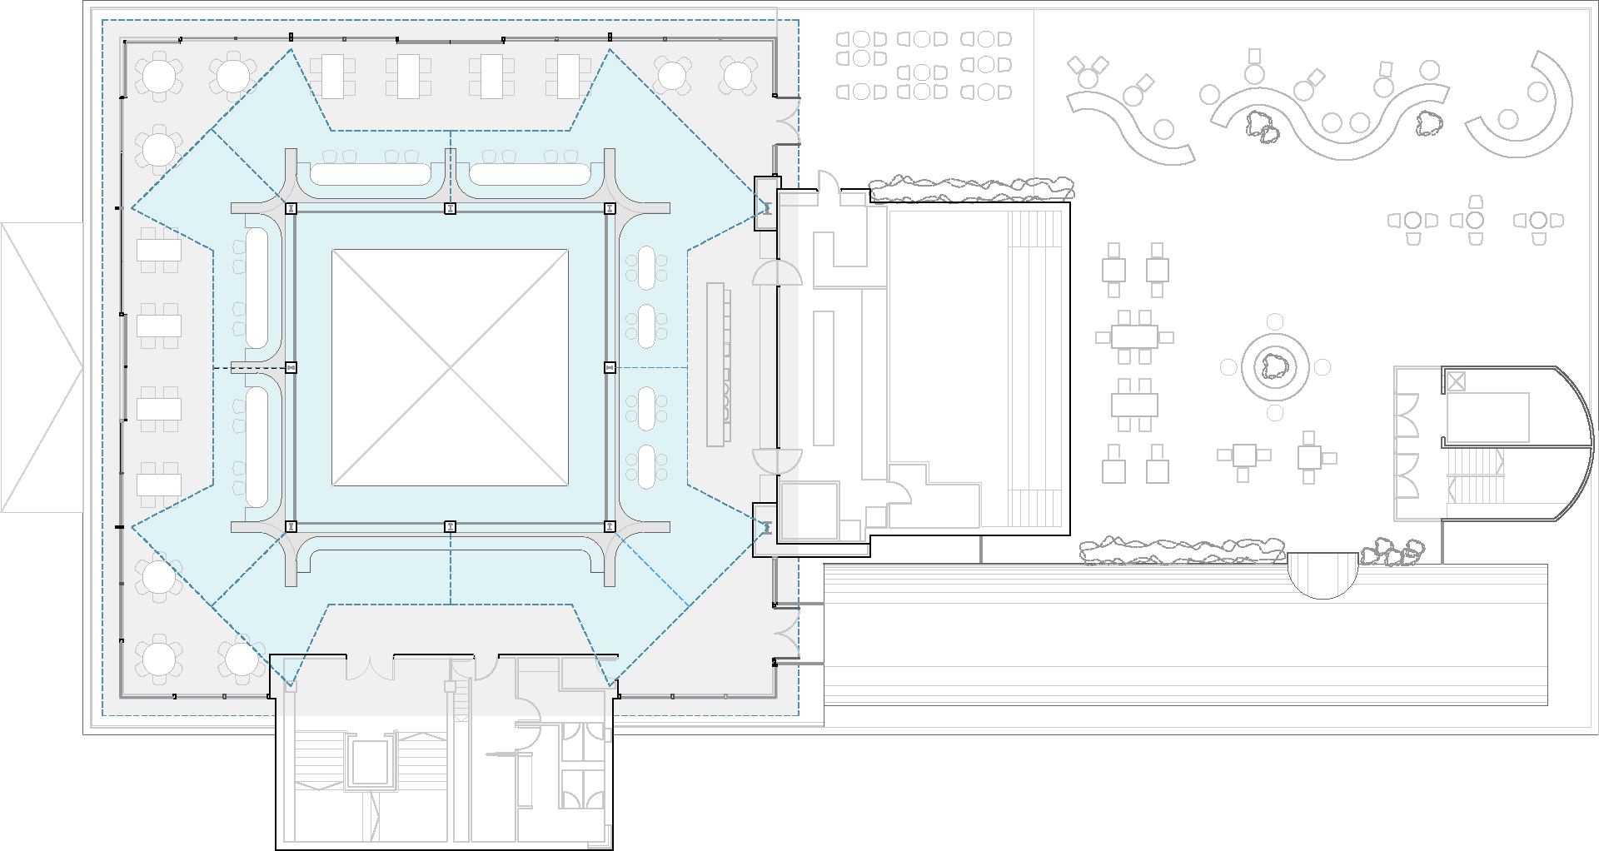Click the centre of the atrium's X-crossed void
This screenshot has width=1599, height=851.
(451, 367)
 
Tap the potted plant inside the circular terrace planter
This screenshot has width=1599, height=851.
(1274, 366)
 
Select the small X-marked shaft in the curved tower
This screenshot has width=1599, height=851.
(1455, 381)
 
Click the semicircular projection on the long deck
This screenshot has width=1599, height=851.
(1323, 574)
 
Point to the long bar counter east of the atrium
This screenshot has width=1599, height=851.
(716, 365)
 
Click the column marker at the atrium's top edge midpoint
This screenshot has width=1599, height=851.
(451, 208)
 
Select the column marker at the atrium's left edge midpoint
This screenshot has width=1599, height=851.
(291, 367)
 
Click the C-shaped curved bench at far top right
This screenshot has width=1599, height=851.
(1532, 104)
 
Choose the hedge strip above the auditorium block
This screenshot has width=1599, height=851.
(970, 188)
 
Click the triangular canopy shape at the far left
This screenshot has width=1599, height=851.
(42, 366)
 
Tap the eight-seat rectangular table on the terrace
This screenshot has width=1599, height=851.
(1133, 337)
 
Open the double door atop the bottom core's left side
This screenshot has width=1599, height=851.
(369, 666)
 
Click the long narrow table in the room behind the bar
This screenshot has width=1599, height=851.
(823, 378)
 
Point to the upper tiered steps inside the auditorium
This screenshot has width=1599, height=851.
(1035, 229)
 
